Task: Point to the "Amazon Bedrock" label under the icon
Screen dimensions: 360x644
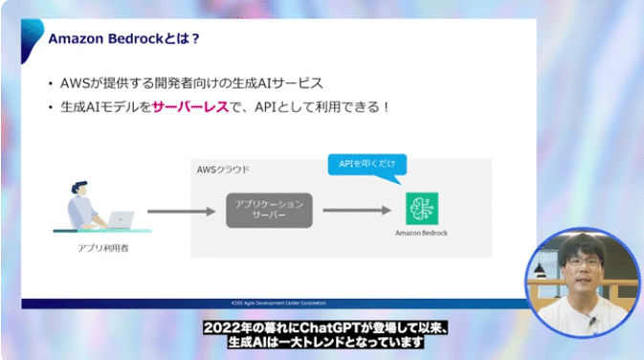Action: click(421, 233)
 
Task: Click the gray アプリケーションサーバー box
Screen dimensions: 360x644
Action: click(269, 210)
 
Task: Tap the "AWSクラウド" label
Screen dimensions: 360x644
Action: click(224, 169)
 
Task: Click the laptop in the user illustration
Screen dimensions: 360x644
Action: click(121, 219)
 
